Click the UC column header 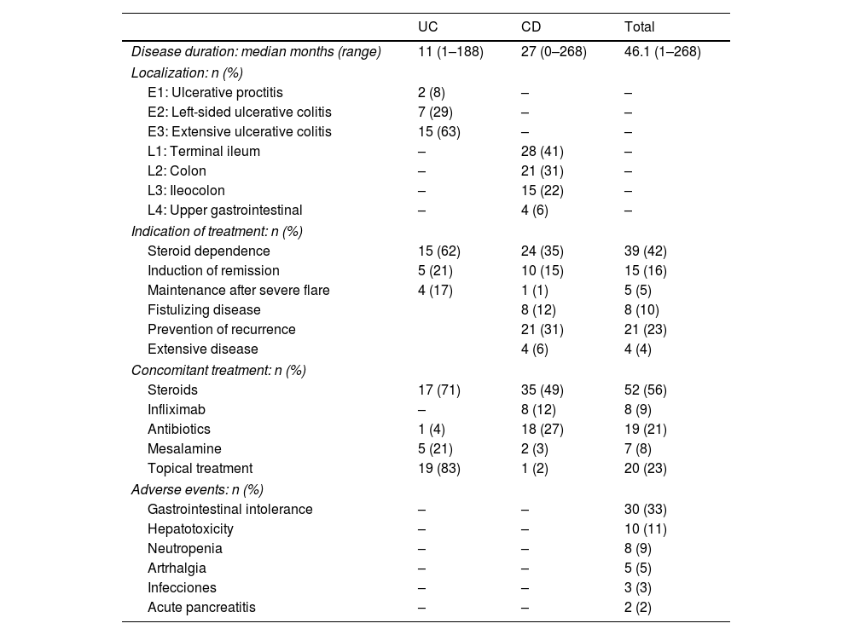point(427,27)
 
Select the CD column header point(531,27)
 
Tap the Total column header point(640,27)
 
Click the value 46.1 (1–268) point(662,52)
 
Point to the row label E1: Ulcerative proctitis point(215,92)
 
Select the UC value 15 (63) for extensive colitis point(438,131)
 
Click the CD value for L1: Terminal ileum point(542,151)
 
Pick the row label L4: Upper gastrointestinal point(224,210)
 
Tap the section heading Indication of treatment point(217,231)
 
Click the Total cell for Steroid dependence point(645,251)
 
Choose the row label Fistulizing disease point(204,309)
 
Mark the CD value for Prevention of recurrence point(542,329)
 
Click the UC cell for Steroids point(438,390)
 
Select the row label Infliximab point(177,409)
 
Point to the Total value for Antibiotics point(645,429)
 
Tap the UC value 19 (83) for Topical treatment point(438,468)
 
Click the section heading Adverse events point(197,489)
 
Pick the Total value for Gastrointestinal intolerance point(645,509)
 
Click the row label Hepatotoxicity point(190,528)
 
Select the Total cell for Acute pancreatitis point(638,607)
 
